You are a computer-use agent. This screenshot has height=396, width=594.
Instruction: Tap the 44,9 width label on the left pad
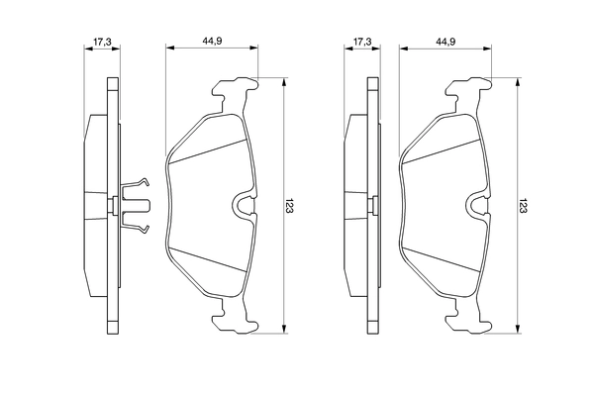(x=212, y=41)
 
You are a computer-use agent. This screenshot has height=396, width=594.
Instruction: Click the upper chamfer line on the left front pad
(x=208, y=148)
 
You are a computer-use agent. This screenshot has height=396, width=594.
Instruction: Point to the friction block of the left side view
(x=95, y=206)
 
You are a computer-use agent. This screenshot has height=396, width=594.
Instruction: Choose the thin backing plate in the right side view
(x=371, y=206)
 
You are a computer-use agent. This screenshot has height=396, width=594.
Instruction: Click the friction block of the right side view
(x=356, y=206)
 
